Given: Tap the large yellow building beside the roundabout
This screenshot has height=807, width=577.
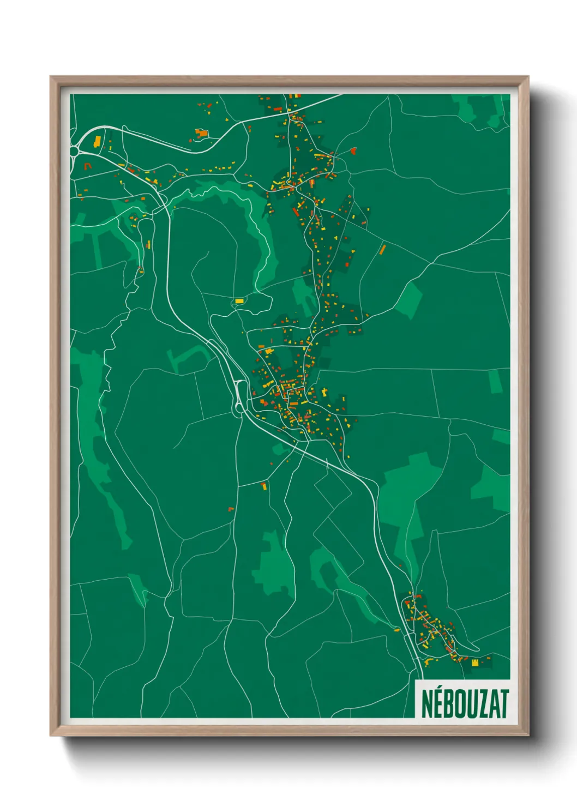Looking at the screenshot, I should [97, 142].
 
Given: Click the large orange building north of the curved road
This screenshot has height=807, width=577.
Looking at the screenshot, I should [202, 133].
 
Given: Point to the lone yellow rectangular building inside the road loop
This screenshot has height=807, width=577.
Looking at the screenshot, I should [239, 300].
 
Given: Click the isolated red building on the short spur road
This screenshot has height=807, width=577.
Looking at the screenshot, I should [353, 150].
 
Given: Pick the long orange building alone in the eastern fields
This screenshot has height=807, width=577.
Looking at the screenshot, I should [382, 250].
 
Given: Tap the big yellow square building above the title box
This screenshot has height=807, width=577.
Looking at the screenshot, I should [474, 663].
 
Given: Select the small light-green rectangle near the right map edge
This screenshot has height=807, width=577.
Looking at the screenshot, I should [495, 381].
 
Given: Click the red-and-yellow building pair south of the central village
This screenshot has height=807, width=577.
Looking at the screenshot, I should [264, 485].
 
